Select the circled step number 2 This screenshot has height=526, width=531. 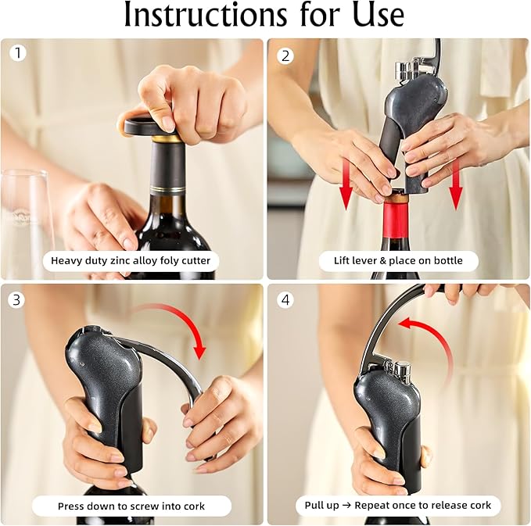[285, 55]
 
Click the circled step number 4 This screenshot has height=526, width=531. [285, 299]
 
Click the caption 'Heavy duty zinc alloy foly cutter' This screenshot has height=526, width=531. [131, 260]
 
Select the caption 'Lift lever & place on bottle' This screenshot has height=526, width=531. [397, 260]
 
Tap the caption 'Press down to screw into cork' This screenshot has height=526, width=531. [131, 506]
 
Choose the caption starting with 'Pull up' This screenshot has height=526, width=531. [397, 506]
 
